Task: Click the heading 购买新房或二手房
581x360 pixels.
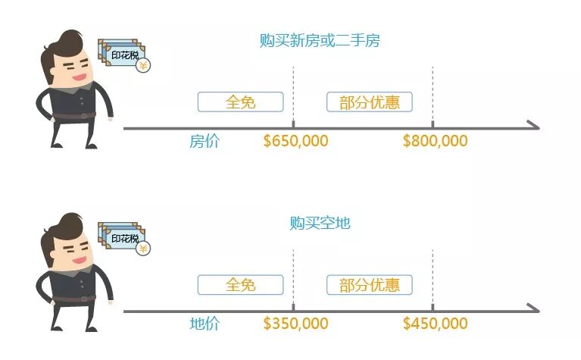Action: tap(319, 41)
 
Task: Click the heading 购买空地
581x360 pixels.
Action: tap(319, 223)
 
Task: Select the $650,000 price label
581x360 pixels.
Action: tap(295, 141)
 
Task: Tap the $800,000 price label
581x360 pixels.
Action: tap(435, 141)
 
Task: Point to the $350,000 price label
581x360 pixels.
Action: tap(295, 324)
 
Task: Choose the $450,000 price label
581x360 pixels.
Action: tap(435, 324)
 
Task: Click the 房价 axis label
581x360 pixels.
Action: tap(204, 141)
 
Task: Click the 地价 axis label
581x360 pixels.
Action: tap(204, 324)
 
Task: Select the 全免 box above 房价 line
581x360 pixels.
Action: tap(240, 102)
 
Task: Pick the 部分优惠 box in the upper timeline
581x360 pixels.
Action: tap(369, 102)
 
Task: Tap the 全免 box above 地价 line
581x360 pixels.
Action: tap(240, 284)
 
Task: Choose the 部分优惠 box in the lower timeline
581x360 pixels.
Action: tap(369, 284)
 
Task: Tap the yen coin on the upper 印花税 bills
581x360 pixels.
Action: tap(142, 66)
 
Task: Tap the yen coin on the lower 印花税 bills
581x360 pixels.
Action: tap(142, 248)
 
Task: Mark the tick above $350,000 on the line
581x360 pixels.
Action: tap(293, 306)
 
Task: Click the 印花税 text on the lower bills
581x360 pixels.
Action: tap(124, 238)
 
